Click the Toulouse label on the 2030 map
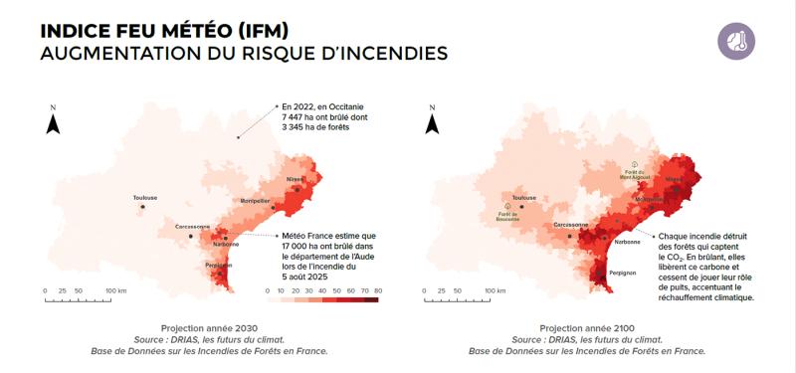point(145,197)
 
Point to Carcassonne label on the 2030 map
point(192,226)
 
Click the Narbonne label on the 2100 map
point(627,242)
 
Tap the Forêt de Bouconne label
point(508,216)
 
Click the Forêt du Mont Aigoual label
point(635,173)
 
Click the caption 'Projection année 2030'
point(209,327)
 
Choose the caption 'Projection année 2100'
point(587,327)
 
